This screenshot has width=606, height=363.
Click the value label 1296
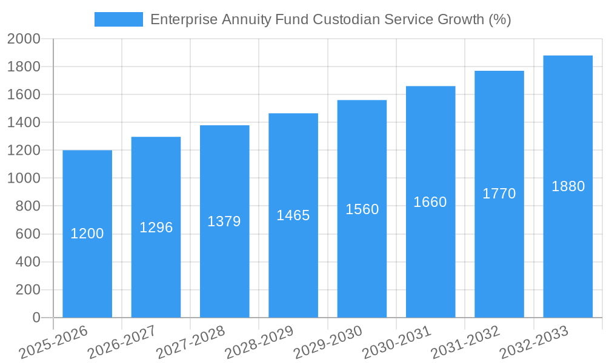tap(156, 227)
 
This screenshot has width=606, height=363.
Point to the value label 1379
tap(224, 221)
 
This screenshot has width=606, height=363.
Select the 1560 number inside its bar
tap(362, 209)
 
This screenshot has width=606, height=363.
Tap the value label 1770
tap(499, 194)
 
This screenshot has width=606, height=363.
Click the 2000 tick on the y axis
tap(24, 39)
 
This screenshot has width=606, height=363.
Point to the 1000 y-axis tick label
tap(24, 178)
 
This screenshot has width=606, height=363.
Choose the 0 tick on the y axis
tap(36, 318)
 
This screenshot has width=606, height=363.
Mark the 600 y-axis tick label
tap(27, 234)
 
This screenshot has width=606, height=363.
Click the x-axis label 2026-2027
tap(121, 342)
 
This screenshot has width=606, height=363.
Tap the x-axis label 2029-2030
tap(328, 342)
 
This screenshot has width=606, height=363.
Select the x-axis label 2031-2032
tap(465, 342)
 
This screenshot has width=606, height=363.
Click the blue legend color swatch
tap(119, 19)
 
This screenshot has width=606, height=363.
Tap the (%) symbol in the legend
tap(500, 19)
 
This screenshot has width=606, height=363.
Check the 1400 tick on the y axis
tap(24, 123)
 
